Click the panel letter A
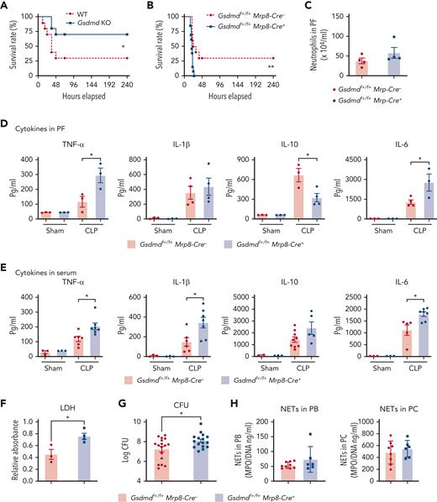click(x=7, y=7)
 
